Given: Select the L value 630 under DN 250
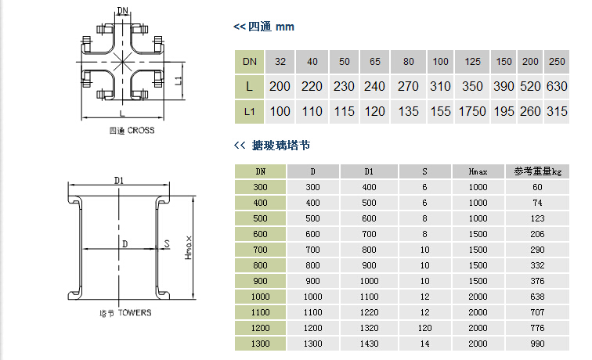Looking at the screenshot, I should pyautogui.click(x=557, y=86).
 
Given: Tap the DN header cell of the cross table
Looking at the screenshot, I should pyautogui.click(x=249, y=61).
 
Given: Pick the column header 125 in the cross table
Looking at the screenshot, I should pyautogui.click(x=473, y=61).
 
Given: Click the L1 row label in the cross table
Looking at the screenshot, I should pyautogui.click(x=249, y=111).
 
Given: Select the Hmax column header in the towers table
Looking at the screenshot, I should pyautogui.click(x=478, y=171).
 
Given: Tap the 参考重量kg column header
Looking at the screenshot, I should pyautogui.click(x=537, y=171).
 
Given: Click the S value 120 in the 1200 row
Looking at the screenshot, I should pyautogui.click(x=424, y=328).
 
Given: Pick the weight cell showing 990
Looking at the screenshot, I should pyautogui.click(x=537, y=344).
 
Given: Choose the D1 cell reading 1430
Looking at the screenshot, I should pyautogui.click(x=369, y=344).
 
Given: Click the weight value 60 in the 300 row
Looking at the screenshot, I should pyautogui.click(x=537, y=186).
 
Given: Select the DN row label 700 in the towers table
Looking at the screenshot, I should pyautogui.click(x=260, y=249).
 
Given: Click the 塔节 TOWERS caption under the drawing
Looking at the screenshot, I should pyautogui.click(x=125, y=312).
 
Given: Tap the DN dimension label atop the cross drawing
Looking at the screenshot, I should pyautogui.click(x=123, y=11).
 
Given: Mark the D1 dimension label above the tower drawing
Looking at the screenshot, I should pyautogui.click(x=119, y=180).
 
